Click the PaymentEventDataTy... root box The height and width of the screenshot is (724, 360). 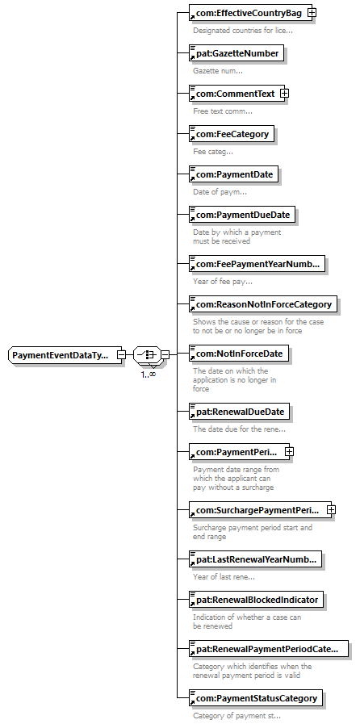pos(65,355)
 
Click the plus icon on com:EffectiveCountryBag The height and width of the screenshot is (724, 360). pos(312,14)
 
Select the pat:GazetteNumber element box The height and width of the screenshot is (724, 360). pos(237,53)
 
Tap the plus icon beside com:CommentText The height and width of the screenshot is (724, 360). pos(285,94)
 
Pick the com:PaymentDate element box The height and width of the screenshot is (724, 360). pos(233,175)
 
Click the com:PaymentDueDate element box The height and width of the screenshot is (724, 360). pos(242,215)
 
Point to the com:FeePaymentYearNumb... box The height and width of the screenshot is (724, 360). pos(257,265)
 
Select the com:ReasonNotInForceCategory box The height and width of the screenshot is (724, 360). pos(263,305)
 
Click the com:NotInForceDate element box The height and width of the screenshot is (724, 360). pos(239,354)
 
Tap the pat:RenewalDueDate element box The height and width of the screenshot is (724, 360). pos(239,411)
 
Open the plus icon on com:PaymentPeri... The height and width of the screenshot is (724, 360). pos(289,452)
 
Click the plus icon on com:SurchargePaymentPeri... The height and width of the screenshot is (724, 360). pos(331,510)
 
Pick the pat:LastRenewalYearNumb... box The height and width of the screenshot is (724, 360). pos(255,559)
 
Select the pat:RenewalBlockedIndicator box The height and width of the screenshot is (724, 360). pos(256,600)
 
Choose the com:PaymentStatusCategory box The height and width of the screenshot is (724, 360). pos(256,698)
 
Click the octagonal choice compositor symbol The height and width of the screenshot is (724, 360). pos(147,355)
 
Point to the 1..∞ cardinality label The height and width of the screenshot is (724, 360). pos(149,374)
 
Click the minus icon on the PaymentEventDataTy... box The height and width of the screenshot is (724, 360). pos(121,355)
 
